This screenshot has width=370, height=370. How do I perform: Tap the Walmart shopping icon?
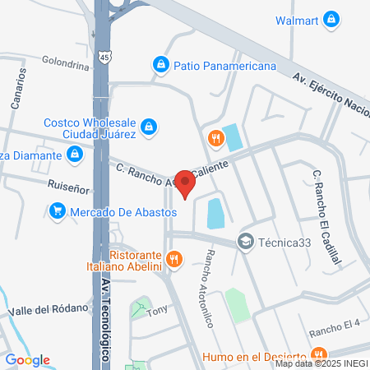pyautogui.click(x=331, y=18)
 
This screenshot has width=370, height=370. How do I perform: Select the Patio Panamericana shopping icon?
pyautogui.click(x=161, y=63)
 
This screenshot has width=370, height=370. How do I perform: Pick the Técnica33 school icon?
pyautogui.click(x=245, y=241)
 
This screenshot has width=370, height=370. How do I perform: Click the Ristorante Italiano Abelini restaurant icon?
pyautogui.click(x=173, y=260)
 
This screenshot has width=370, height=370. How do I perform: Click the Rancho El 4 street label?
pyautogui.click(x=335, y=331)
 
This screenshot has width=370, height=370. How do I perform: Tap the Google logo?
pyautogui.click(x=27, y=359)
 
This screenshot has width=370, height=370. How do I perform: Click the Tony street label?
pyautogui.click(x=156, y=311)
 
